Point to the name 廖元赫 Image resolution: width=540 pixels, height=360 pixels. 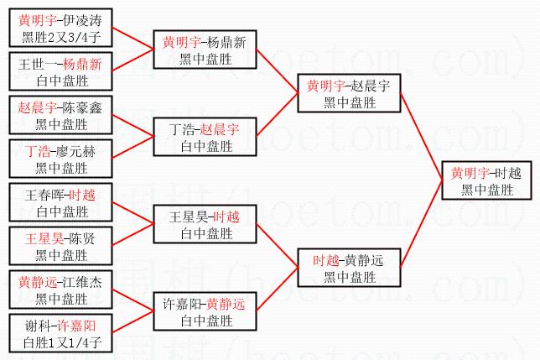tap(74, 151)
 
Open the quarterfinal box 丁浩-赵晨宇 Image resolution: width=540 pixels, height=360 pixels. tap(204, 137)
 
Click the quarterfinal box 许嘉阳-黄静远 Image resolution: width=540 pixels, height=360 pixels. tap(204, 311)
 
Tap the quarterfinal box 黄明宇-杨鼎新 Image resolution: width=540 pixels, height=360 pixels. tap(204, 49)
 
